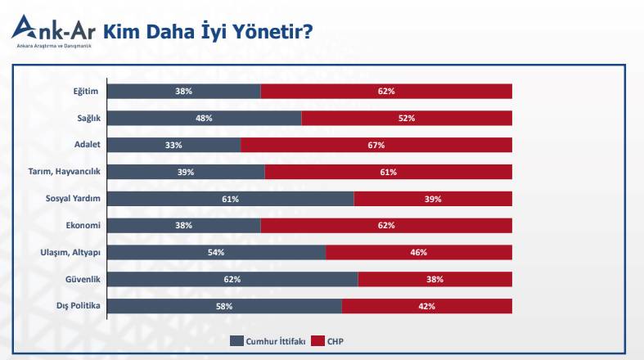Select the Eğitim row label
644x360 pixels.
point(85,91)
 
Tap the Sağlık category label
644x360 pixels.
point(87,118)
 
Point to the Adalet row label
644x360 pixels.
point(86,145)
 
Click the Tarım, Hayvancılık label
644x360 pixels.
point(64,172)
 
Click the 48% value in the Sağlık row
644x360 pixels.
point(204,118)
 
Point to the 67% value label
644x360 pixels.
point(376,145)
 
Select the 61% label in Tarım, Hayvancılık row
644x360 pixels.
point(388,172)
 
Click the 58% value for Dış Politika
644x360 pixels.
point(224,306)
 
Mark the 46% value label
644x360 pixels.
point(419,252)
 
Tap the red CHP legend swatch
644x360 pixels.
point(318,340)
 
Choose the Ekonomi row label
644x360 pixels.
point(83,225)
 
